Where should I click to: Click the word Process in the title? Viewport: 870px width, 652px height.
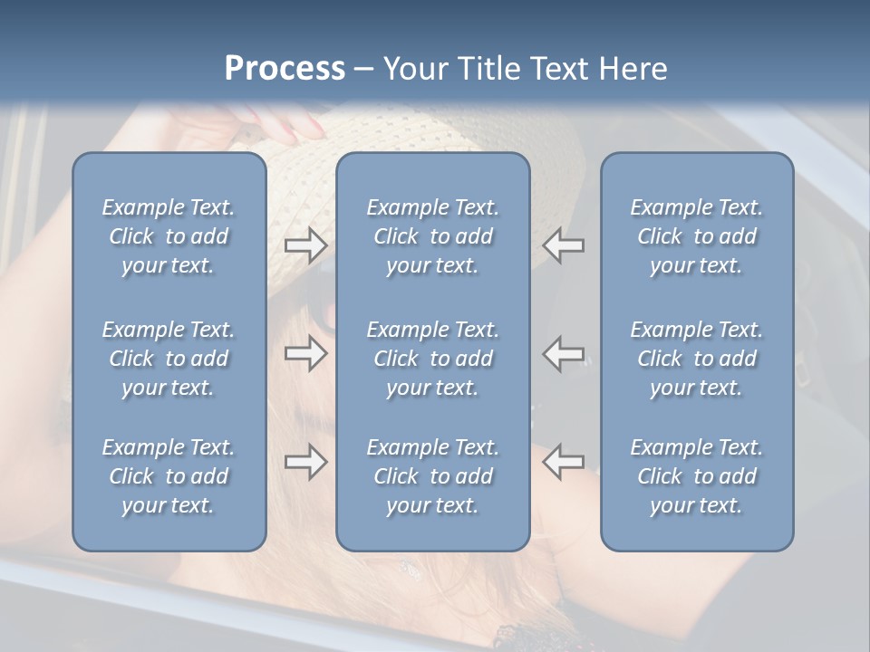click(285, 69)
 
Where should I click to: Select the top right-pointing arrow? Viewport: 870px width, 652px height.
click(305, 245)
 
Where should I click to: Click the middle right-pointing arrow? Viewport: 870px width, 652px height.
click(305, 353)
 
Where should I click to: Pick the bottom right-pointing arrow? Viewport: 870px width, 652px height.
click(305, 462)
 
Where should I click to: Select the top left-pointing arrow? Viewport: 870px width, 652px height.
click(563, 245)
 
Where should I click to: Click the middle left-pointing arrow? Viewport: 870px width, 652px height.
click(563, 353)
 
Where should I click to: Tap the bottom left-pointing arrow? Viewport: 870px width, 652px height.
click(563, 462)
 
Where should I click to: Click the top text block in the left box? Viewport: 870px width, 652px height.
click(169, 236)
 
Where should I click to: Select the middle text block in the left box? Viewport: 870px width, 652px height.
click(169, 359)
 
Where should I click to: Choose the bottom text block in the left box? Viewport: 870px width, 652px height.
click(169, 476)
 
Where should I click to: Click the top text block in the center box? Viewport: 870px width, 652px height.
click(432, 236)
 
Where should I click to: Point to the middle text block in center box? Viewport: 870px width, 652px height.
click(432, 359)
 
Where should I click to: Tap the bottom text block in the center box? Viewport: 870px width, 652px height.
click(432, 476)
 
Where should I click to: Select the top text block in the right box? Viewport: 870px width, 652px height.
click(696, 236)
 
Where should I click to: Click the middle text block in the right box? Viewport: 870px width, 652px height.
click(696, 359)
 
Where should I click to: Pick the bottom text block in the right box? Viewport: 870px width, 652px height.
click(696, 476)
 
